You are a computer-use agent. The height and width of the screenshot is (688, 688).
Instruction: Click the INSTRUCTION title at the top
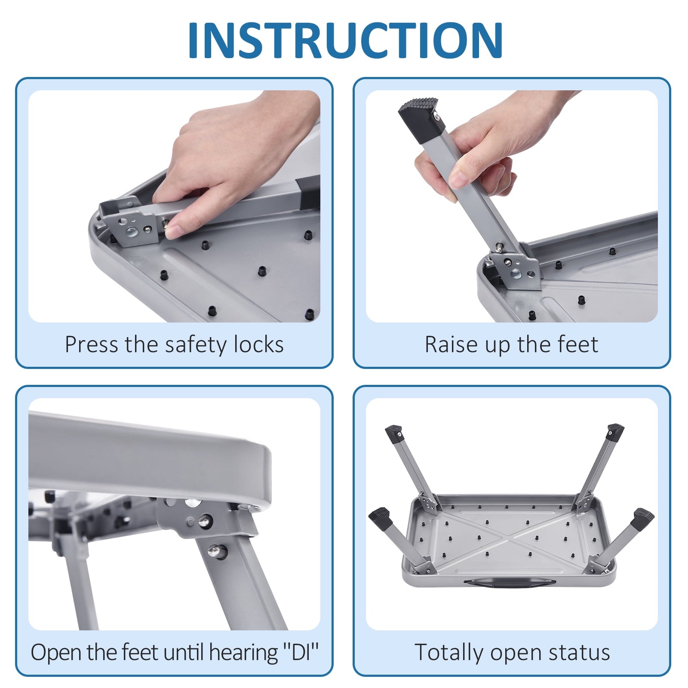pyautogui.click(x=345, y=40)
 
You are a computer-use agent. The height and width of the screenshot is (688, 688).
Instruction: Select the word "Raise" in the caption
pyautogui.click(x=451, y=345)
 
